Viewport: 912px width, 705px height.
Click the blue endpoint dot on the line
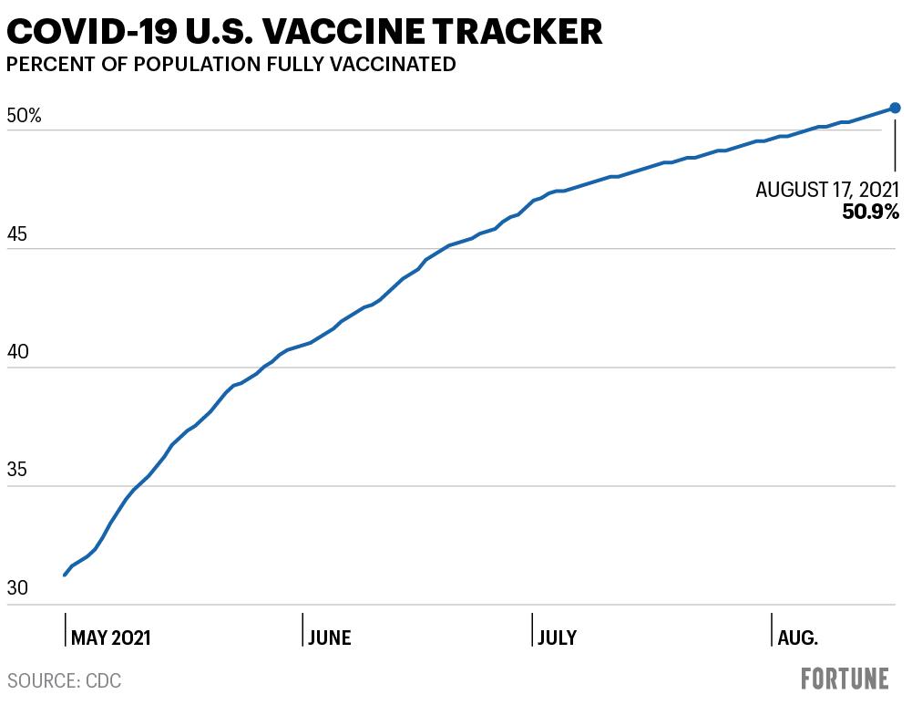[895, 108]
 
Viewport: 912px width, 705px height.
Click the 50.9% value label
[870, 212]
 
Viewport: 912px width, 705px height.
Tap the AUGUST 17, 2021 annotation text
[827, 190]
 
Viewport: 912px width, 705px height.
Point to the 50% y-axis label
[25, 116]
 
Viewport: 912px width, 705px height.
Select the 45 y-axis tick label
[17, 234]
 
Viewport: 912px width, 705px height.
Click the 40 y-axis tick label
[17, 352]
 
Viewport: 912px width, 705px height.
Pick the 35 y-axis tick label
[17, 469]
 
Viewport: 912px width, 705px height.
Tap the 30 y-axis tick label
[17, 587]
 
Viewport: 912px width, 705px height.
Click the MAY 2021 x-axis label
[110, 638]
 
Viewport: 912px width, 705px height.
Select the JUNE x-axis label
[330, 638]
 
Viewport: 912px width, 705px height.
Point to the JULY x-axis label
[558, 638]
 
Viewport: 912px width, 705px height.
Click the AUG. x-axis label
[797, 638]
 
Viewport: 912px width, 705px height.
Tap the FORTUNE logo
[845, 679]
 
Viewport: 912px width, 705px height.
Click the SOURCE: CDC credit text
[64, 680]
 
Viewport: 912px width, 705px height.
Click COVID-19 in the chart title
[91, 31]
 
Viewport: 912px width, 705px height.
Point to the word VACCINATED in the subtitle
[393, 64]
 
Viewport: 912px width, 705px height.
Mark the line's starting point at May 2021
[65, 575]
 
